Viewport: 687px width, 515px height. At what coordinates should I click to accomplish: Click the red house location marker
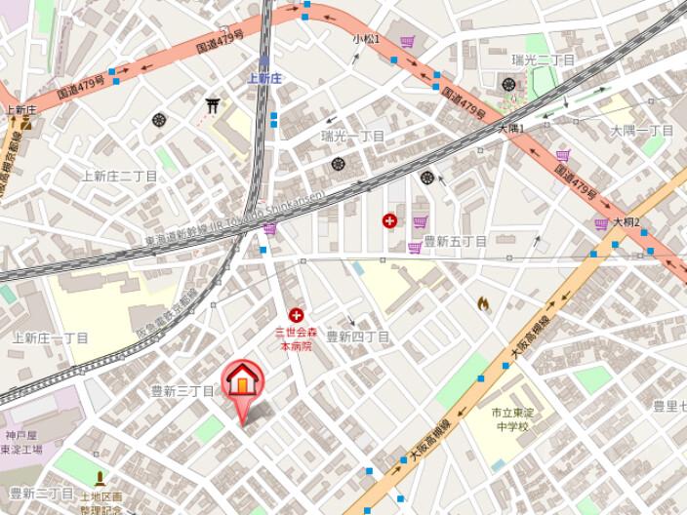coord(243,381)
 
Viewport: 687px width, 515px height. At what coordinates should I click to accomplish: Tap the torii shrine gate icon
coord(212,104)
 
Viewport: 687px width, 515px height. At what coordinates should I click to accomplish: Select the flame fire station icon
coord(482,303)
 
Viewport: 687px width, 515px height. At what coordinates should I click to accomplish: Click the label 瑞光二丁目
coord(544,60)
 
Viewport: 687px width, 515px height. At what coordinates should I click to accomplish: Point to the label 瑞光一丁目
coord(353,137)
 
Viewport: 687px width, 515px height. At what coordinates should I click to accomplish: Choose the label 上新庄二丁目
coord(119,177)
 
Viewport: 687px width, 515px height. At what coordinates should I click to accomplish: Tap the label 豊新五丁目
coord(455,241)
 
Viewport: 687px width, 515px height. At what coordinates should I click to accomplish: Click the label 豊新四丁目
coord(357,337)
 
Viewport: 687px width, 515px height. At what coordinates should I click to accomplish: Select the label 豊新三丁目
coord(182,390)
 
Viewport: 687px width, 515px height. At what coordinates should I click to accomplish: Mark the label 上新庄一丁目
coord(51,338)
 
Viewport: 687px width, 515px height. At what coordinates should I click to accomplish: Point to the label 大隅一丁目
coord(642,131)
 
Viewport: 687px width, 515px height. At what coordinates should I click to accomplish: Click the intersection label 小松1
coord(366,39)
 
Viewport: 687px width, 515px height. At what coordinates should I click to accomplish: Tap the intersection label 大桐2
coord(626,222)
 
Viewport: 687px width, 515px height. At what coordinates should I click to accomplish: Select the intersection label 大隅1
coord(511,129)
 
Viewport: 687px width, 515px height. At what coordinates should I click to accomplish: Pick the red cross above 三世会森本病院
coord(296,315)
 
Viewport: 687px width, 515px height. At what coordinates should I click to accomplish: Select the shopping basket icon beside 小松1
coord(407,42)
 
